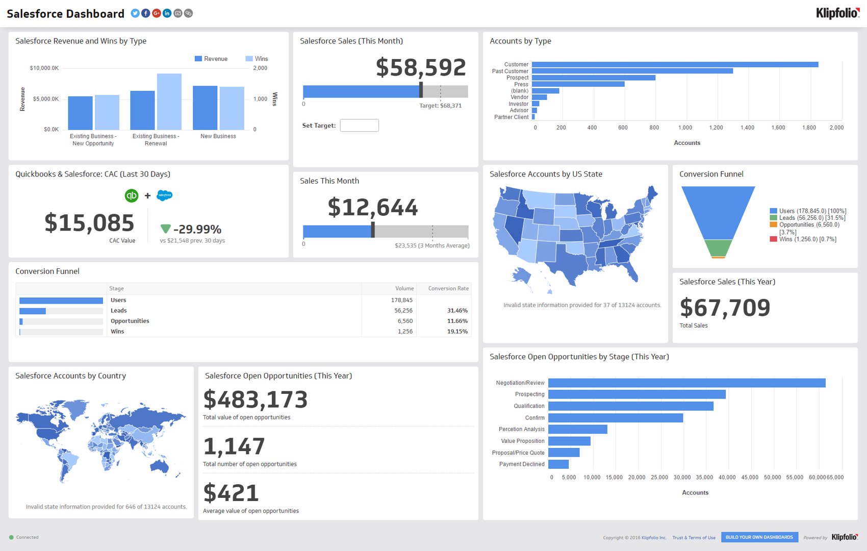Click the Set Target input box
point(359,126)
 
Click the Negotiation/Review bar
point(686,383)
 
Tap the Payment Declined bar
point(558,464)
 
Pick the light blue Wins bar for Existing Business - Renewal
point(169,102)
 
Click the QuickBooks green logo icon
point(132,195)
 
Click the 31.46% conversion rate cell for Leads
point(457,311)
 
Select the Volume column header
point(404,289)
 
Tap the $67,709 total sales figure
point(725,308)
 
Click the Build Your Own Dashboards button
point(759,537)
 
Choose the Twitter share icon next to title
point(135,13)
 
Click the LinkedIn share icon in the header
point(167,13)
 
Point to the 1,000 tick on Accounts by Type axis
point(685,128)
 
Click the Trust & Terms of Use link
point(694,538)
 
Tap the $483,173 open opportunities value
point(256,400)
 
